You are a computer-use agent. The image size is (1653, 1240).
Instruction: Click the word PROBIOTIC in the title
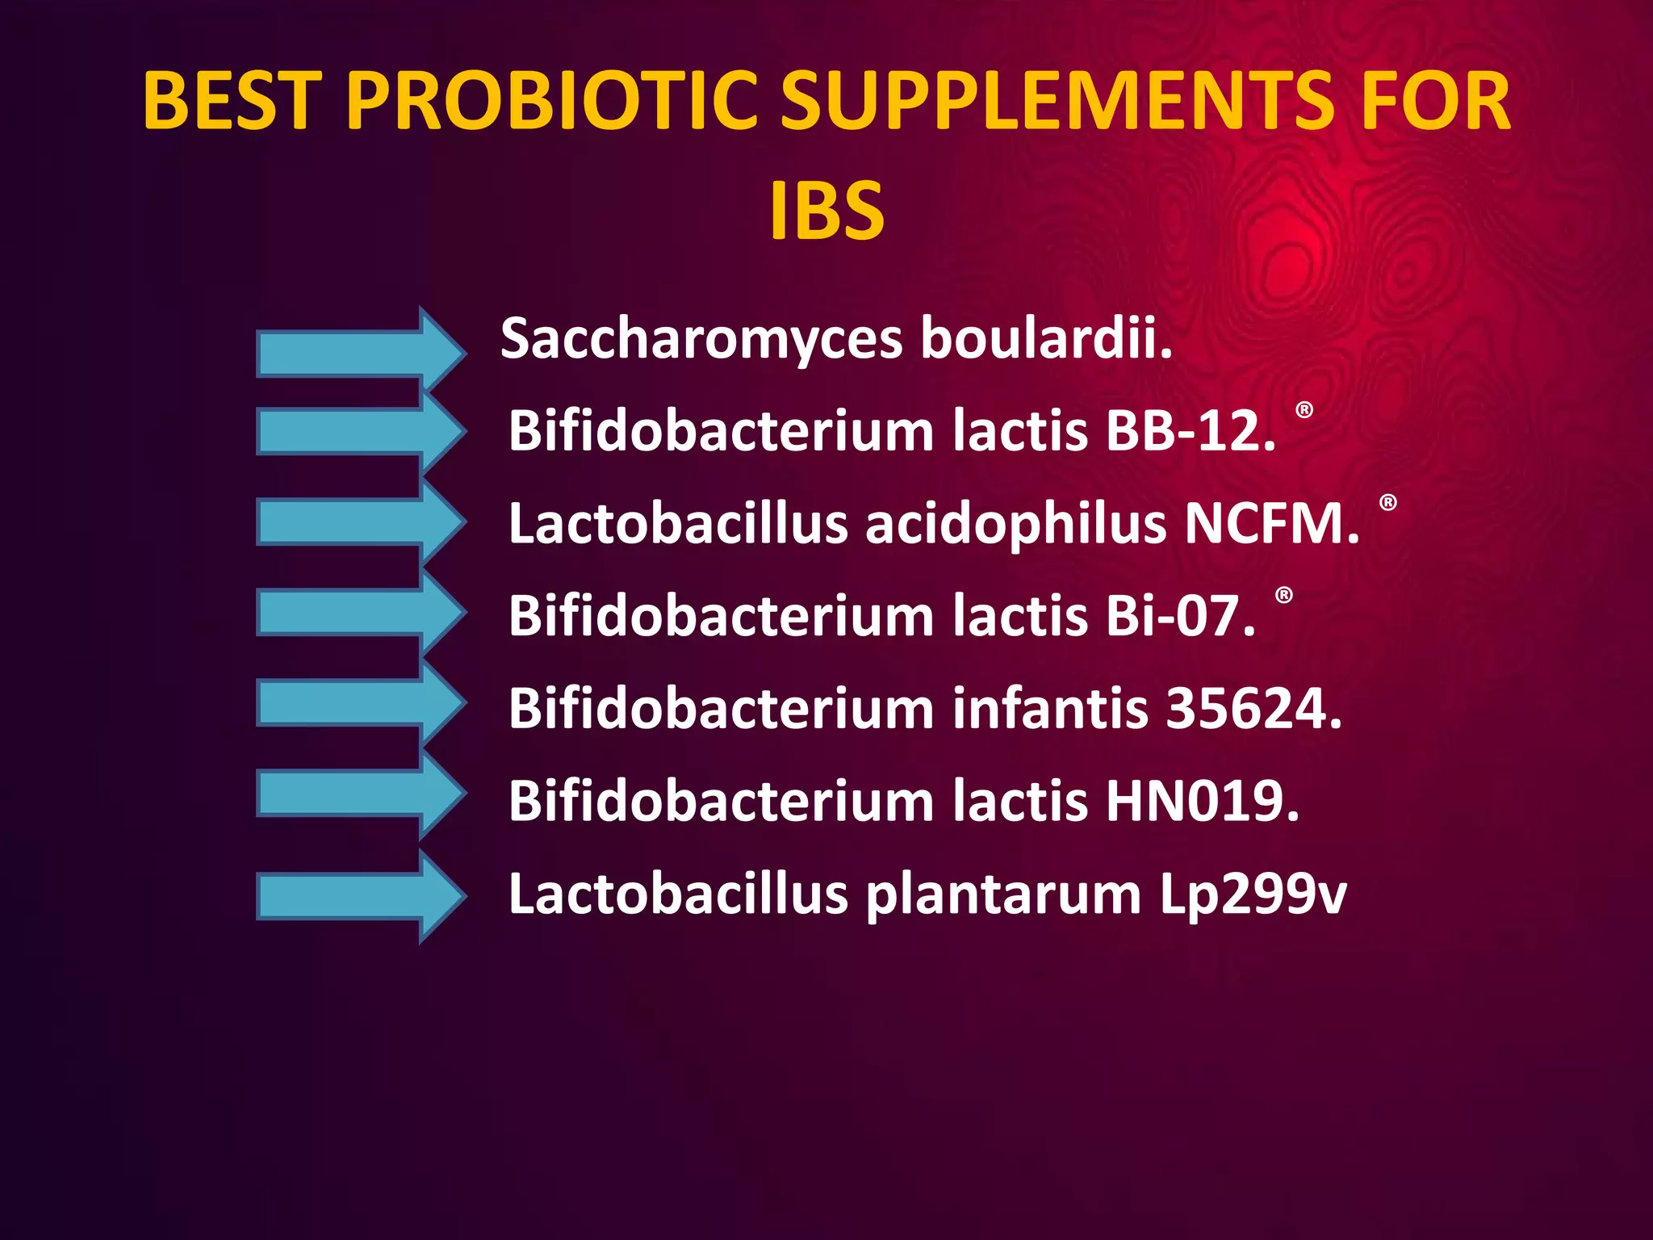tap(552, 101)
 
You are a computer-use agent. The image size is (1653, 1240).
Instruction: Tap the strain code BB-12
tap(1190, 430)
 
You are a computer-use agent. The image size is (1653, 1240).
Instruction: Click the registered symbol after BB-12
tap(1304, 410)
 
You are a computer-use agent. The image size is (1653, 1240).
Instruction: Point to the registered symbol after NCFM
tap(1388, 503)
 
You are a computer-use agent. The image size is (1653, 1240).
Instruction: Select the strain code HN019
tap(1203, 802)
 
